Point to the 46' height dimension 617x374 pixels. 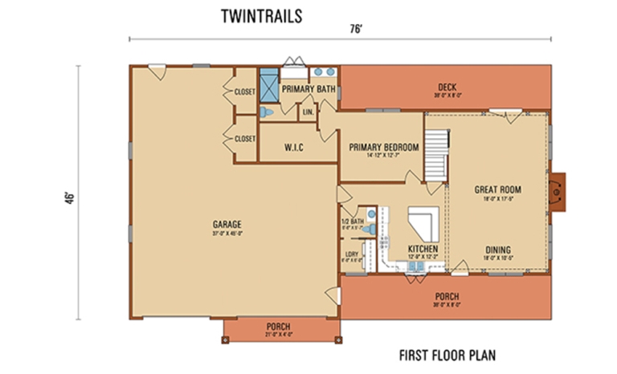(71, 197)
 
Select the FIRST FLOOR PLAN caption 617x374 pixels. (447, 354)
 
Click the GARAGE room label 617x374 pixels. (228, 224)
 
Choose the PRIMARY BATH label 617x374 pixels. (308, 89)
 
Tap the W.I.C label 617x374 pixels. (293, 148)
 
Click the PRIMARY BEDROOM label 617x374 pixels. (383, 148)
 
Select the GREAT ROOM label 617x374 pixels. (497, 190)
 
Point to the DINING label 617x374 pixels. (498, 249)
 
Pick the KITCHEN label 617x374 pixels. (423, 250)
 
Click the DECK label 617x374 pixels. (447, 87)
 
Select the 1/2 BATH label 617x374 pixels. (353, 221)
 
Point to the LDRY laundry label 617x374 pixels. (351, 255)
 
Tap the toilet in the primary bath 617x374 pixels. (268, 114)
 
